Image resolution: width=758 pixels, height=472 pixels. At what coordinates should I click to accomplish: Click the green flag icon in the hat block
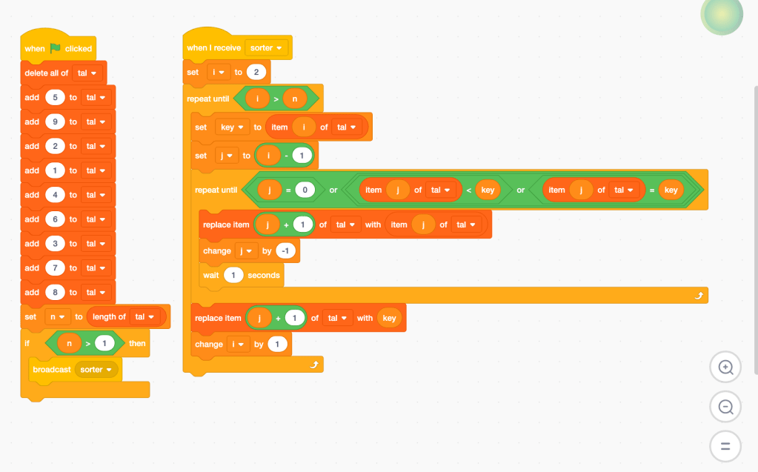tap(56, 48)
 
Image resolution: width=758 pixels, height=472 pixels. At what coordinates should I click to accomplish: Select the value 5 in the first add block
tap(55, 97)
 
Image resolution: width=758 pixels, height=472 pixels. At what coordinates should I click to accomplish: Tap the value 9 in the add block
tap(55, 122)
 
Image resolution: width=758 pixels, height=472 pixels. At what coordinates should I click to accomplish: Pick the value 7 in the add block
tap(55, 267)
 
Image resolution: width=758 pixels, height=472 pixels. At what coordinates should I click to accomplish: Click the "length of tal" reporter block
tap(109, 316)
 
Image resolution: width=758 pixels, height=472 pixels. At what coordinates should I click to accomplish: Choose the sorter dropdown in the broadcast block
tap(96, 369)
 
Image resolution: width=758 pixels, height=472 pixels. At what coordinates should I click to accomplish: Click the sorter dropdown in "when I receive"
tap(267, 48)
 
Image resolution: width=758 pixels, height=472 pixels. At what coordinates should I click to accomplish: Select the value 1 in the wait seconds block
tap(233, 275)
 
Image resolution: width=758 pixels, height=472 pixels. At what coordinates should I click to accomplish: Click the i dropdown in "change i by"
tap(239, 344)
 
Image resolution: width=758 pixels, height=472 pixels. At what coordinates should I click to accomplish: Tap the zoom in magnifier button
tap(725, 367)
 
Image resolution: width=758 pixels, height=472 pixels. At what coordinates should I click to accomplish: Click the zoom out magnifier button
tap(725, 407)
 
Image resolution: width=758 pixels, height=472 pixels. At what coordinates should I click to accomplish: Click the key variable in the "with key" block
tap(389, 318)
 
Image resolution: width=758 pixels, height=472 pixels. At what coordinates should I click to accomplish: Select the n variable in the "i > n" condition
tap(293, 99)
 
